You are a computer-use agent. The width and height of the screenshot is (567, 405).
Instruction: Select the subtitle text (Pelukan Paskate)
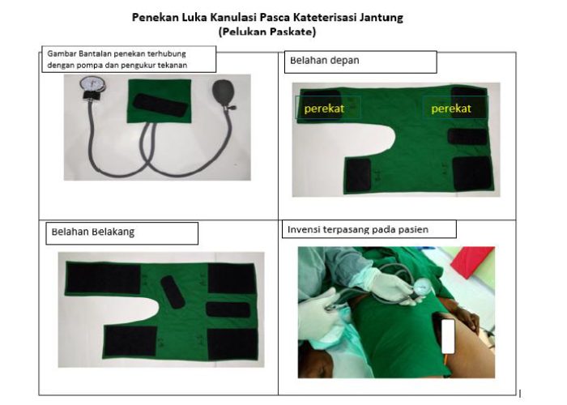[x=267, y=32]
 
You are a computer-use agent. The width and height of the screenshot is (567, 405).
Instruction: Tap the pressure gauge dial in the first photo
[x=92, y=83]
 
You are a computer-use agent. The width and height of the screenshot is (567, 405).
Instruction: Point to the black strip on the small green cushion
[x=160, y=104]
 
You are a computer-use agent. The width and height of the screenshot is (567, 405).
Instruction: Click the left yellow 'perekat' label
[x=324, y=109]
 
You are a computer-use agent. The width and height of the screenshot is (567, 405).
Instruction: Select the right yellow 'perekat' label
[x=451, y=109]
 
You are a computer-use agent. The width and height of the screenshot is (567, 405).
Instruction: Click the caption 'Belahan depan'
[x=325, y=61]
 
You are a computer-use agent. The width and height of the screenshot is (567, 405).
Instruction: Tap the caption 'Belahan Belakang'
[x=93, y=232]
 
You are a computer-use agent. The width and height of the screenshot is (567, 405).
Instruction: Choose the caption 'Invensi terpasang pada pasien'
[x=358, y=229]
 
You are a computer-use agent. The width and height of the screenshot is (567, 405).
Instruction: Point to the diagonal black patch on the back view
[x=173, y=292]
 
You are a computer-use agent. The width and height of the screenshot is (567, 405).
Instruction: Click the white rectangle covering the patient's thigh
[x=449, y=336]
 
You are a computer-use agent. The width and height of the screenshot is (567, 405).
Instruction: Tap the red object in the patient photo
[x=473, y=261]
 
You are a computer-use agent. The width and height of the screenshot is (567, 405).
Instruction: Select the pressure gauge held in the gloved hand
[x=422, y=287]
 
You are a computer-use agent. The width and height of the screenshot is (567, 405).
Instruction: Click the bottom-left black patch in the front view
[x=358, y=175]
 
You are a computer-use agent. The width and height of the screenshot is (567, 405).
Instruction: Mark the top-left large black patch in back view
[x=103, y=278]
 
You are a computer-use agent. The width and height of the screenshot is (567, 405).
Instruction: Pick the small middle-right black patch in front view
[x=467, y=137]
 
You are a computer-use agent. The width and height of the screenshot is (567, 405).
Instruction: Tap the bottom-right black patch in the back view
[x=232, y=344]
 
